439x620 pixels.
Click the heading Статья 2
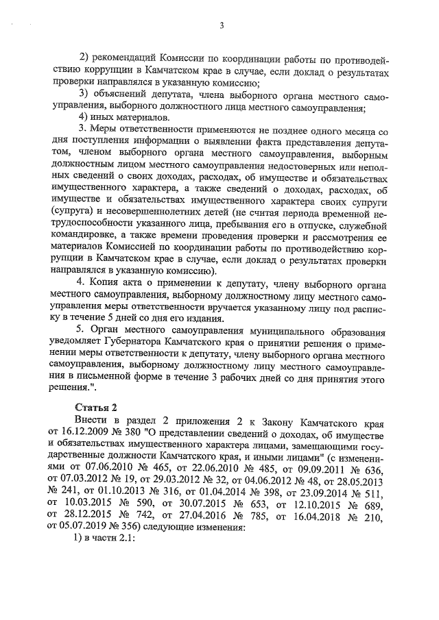[x=93, y=409]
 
